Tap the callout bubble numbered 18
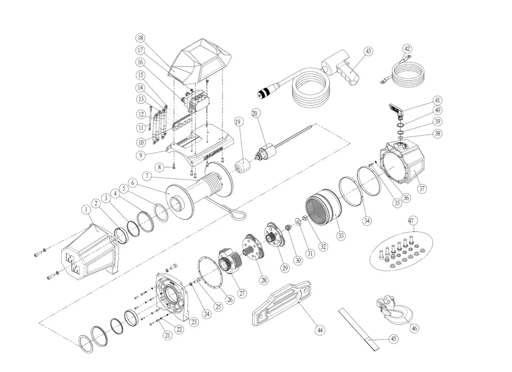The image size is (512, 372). (x=140, y=38)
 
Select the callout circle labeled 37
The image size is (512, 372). (x=422, y=189)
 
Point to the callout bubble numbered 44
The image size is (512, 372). (x=319, y=330)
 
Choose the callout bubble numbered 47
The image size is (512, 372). (x=412, y=221)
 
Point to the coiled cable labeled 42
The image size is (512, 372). (x=406, y=74)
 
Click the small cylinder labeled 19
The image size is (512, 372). (x=243, y=165)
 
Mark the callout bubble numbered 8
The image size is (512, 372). (x=159, y=167)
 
